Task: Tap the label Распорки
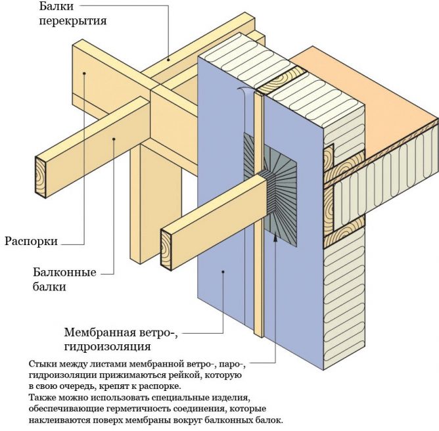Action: [30, 241]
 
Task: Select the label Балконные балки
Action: [64, 279]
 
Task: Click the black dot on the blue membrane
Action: [223, 271]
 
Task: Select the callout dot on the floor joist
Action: [168, 59]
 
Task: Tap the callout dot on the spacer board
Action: [85, 74]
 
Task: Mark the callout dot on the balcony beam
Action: [114, 137]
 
